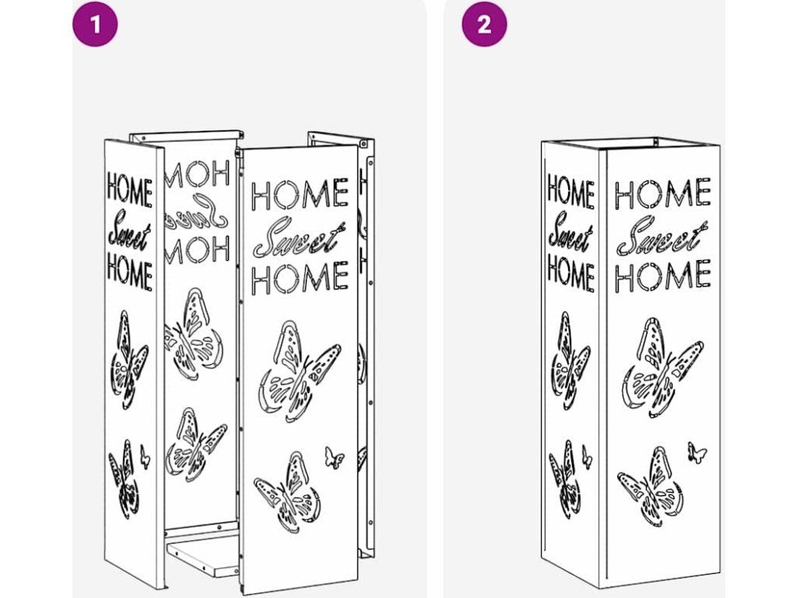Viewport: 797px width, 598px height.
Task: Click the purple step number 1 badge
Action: [95, 24]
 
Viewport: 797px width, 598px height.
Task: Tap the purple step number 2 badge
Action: [484, 24]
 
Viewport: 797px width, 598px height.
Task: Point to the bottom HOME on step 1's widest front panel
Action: [300, 277]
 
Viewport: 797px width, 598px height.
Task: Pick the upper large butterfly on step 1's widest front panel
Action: [300, 371]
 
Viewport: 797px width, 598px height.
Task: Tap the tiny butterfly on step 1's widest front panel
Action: [334, 458]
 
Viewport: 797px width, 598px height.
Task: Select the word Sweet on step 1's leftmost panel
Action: [129, 235]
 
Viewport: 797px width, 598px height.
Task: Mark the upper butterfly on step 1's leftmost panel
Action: [129, 360]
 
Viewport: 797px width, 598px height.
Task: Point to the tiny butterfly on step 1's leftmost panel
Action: [145, 456]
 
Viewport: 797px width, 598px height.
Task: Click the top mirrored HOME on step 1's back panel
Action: [197, 174]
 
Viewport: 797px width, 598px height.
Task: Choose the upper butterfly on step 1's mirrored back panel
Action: [194, 333]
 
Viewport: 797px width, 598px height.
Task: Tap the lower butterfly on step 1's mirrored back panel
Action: [195, 445]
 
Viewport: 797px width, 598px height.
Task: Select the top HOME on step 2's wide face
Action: [662, 193]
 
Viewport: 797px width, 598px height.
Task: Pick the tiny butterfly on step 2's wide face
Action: [697, 452]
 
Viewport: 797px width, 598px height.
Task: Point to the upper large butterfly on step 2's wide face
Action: [663, 368]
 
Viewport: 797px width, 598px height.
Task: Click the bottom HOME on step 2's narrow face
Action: [571, 273]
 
